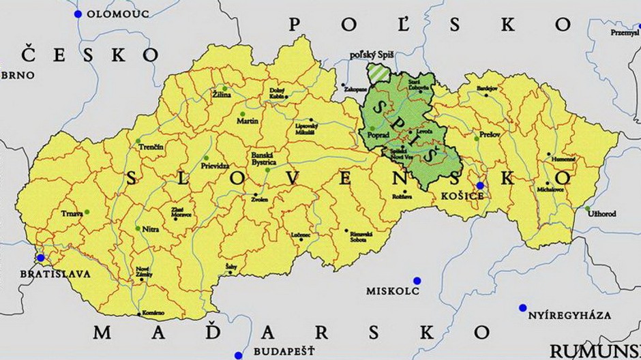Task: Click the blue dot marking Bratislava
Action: [x=41, y=258]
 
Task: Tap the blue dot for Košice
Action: [x=480, y=185]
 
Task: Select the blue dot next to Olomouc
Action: [x=78, y=14]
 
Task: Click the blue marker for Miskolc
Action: [x=417, y=280]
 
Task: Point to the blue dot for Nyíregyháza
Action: [x=522, y=307]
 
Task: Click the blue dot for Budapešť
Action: [x=238, y=355]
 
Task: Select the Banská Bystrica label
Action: [x=263, y=158]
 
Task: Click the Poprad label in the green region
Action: [x=378, y=136]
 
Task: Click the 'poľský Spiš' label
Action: [x=372, y=54]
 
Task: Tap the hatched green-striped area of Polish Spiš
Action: [x=376, y=72]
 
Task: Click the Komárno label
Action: [x=153, y=313]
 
